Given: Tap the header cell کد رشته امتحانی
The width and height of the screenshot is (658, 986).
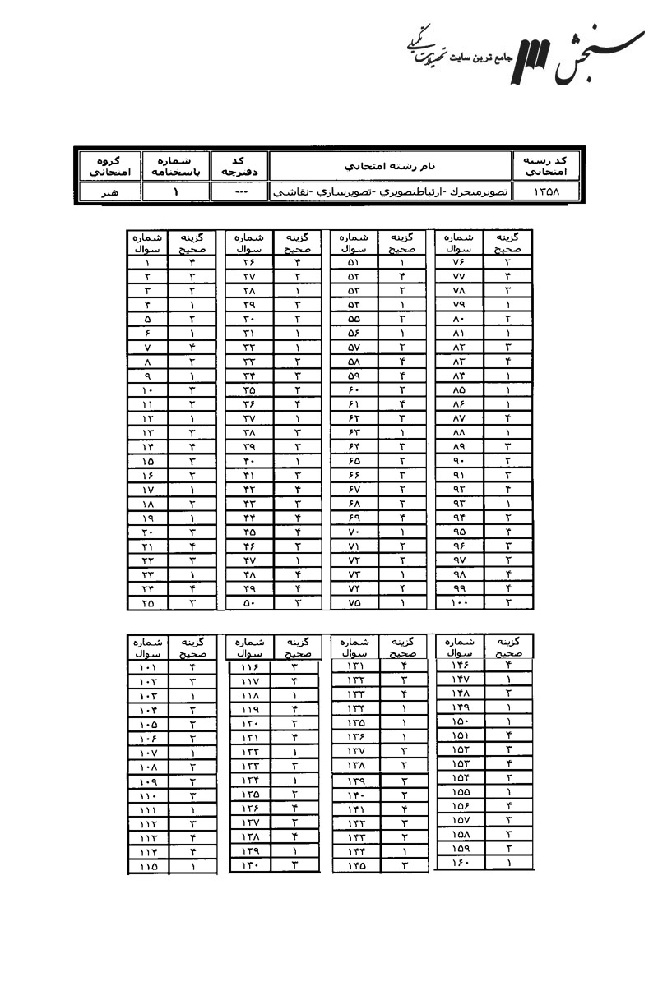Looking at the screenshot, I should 546,165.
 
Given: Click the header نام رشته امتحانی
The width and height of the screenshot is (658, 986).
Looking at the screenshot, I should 390,165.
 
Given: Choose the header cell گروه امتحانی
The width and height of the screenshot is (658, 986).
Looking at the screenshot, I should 108,165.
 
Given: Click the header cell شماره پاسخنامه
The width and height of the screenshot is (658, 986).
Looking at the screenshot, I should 174,165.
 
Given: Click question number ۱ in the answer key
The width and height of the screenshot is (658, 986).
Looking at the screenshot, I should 147,262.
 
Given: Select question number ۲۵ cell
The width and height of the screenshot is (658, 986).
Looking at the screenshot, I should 147,602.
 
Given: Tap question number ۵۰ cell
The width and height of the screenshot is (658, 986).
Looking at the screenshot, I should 249,602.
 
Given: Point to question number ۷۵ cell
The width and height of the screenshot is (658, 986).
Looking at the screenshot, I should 354,602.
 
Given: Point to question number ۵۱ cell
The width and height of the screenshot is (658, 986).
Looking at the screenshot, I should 354,262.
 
